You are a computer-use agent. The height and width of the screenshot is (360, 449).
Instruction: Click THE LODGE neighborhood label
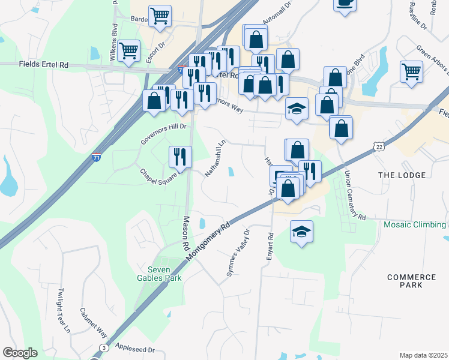[402, 175]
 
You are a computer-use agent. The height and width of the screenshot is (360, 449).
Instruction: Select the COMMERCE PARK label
[411, 281]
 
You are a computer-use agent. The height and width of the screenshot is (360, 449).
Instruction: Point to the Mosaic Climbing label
[415, 225]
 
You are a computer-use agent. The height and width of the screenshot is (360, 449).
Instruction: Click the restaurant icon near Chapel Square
[180, 157]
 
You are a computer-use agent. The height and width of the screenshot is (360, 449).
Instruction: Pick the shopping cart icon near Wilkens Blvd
[129, 51]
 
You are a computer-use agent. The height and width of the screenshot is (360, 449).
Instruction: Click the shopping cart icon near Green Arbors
[412, 71]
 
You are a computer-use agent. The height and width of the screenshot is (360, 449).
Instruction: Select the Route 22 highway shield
[378, 146]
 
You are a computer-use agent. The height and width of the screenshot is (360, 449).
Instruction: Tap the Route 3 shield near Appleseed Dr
[104, 348]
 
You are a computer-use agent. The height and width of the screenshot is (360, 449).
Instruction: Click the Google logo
[20, 353]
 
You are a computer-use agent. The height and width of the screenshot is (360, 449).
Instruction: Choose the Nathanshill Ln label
[215, 158]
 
